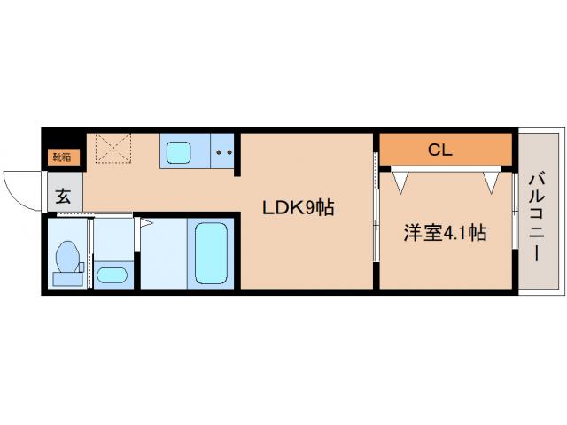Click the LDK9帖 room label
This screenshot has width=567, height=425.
coord(297,209)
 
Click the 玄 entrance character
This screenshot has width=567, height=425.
coord(64,197)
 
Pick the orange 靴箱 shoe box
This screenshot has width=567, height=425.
coord(63,158)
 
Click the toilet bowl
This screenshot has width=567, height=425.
coord(68,258)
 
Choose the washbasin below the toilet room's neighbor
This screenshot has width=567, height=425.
coord(112,274)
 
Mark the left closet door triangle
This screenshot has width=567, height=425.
coord(402,182)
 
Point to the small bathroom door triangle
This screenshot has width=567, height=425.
coord(139,221)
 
